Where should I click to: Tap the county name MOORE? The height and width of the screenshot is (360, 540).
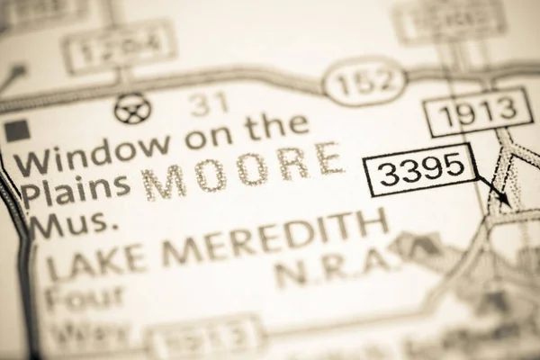[x=243, y=171]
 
